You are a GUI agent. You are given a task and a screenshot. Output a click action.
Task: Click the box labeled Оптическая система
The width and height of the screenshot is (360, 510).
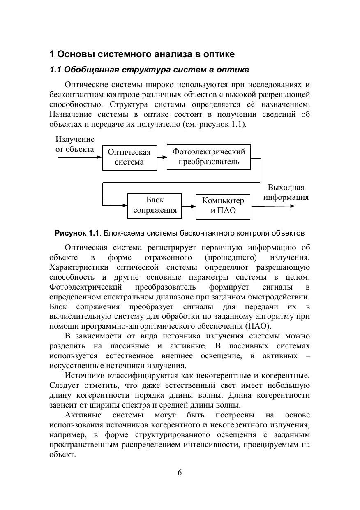click(x=129, y=157)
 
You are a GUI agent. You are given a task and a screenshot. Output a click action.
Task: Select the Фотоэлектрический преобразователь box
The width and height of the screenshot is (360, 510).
click(x=208, y=157)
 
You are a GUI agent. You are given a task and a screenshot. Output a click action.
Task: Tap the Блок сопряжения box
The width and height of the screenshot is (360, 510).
click(x=155, y=205)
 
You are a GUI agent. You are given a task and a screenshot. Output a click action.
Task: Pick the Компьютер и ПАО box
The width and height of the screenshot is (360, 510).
click(x=223, y=206)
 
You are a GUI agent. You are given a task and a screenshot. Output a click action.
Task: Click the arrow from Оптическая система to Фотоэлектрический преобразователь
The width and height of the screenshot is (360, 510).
click(x=162, y=157)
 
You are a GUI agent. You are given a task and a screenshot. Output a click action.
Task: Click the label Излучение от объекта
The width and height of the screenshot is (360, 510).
click(x=75, y=144)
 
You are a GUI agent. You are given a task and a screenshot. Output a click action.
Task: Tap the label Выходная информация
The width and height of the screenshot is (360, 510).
click(x=286, y=192)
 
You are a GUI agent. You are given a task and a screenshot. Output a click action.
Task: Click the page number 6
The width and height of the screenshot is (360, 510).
click(x=180, y=472)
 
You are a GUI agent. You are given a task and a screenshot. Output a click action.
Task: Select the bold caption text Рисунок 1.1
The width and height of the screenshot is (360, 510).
click(x=77, y=233)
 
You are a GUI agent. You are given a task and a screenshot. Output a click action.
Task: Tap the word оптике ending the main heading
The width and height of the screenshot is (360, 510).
click(x=221, y=54)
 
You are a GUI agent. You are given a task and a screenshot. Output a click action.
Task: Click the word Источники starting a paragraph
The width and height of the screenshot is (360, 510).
click(x=85, y=376)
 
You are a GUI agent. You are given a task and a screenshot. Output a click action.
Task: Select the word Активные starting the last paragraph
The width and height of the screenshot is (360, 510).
click(x=83, y=415)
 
